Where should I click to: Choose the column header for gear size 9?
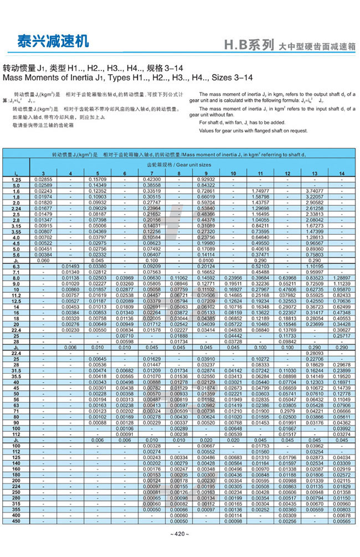[205, 174]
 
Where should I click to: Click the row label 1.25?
[16, 180]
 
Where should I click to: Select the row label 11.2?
[16, 295]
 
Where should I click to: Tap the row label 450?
[16, 521]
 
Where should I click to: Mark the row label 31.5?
[16, 370]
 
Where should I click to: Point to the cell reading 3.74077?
[315, 190]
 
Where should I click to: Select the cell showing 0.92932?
[205, 180]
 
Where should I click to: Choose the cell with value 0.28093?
[315, 353]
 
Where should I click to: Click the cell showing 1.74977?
[260, 190]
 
